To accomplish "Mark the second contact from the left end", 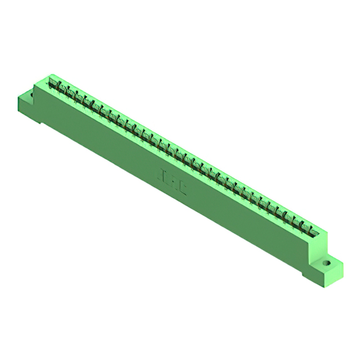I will [x=63, y=89].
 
